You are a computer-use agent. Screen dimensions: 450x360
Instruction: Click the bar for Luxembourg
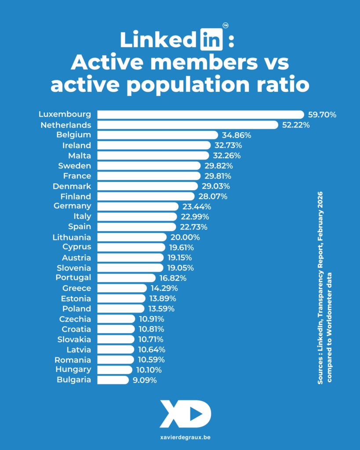point(200,115)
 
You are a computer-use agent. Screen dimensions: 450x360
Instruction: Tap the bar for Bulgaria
point(113,380)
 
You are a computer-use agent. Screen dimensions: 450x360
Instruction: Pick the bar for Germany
point(138,206)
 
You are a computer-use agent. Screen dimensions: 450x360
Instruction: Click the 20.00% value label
point(185,237)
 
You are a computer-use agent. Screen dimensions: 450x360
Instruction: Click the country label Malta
point(80,155)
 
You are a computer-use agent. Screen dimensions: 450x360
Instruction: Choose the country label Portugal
point(73,277)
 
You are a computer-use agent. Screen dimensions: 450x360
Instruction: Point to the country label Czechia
point(75,319)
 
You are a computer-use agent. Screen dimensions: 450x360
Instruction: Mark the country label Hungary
point(74,370)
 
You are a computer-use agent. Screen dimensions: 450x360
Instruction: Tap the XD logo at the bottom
point(185,414)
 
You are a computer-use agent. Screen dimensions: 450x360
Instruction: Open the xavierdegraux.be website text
point(180,438)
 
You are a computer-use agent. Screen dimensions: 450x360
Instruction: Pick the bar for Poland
point(120,308)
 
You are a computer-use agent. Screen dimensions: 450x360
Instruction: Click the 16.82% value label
point(172,278)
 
